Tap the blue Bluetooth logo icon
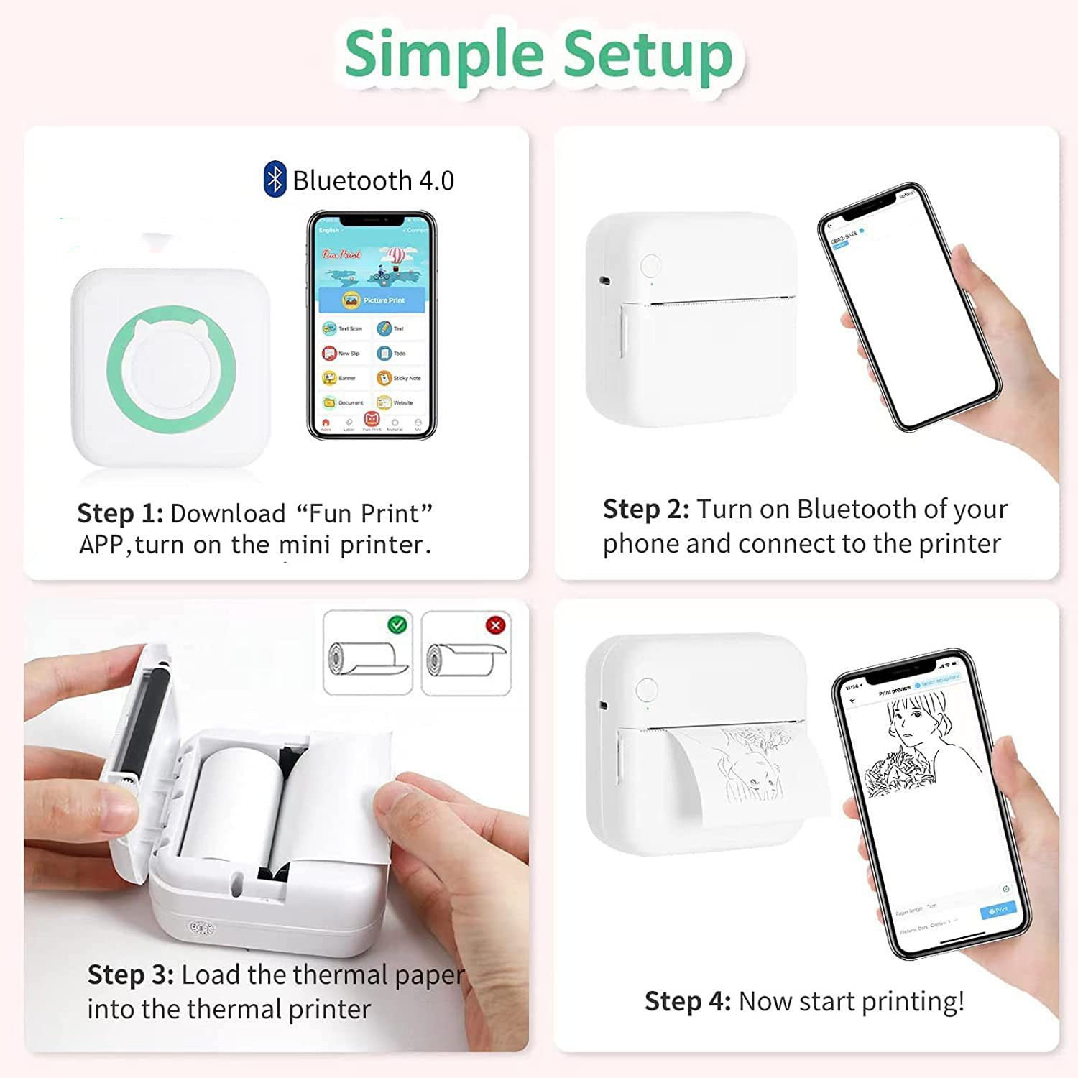(x=275, y=180)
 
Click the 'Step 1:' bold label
(x=120, y=513)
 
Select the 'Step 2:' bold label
(x=645, y=509)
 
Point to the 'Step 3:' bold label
(x=130, y=975)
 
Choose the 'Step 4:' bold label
(x=687, y=1000)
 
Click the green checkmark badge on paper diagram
(x=397, y=625)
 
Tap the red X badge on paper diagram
(x=495, y=625)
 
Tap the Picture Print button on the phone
(x=372, y=300)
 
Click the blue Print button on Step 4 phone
(x=998, y=910)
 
